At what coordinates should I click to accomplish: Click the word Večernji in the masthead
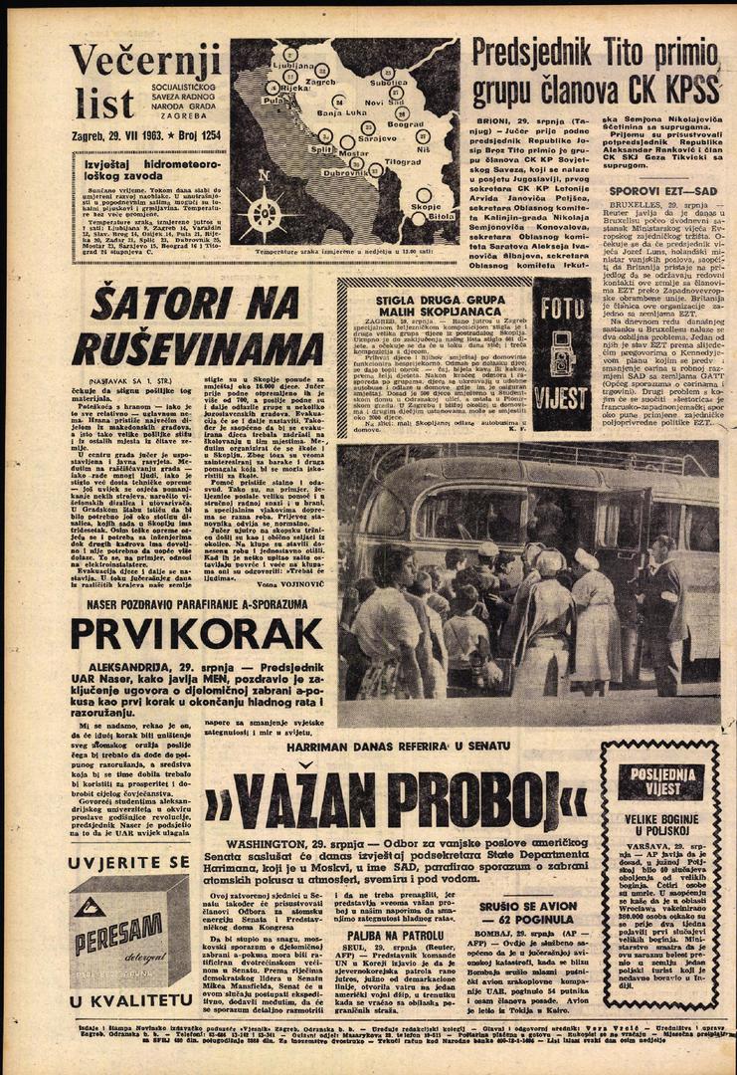[x=145, y=63]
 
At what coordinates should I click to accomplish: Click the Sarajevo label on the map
[x=378, y=139]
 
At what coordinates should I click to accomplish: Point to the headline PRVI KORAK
[x=196, y=634]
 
